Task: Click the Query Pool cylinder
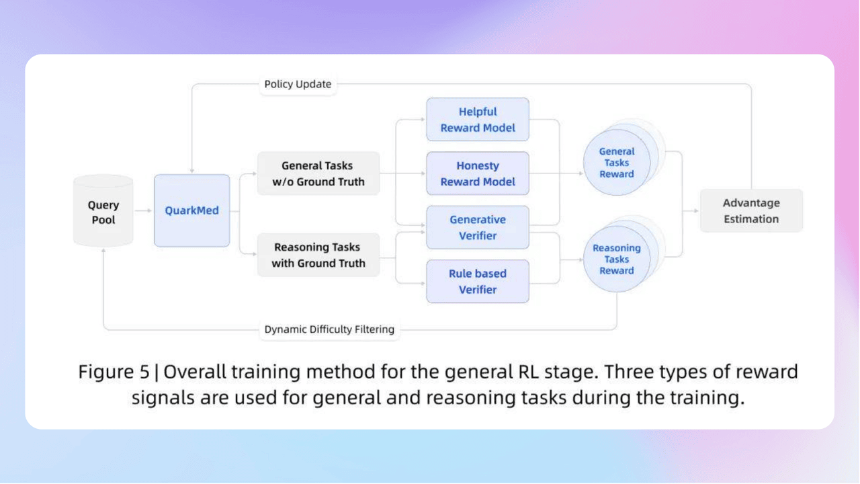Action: click(x=103, y=211)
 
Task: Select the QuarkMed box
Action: click(x=191, y=210)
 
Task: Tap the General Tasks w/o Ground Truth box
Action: click(x=318, y=173)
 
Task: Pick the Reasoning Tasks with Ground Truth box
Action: click(x=318, y=255)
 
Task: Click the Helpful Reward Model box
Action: click(x=477, y=120)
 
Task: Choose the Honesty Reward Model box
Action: click(x=477, y=173)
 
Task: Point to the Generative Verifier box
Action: click(x=477, y=227)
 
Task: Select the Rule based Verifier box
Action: click(x=477, y=281)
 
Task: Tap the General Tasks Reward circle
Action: click(x=616, y=163)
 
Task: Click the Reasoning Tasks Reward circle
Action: click(x=616, y=259)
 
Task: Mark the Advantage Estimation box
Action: click(x=750, y=211)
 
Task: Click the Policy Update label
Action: click(x=298, y=84)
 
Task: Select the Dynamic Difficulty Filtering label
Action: click(x=329, y=329)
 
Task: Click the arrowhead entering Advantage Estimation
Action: click(x=695, y=211)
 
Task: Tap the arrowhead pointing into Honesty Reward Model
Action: click(x=423, y=173)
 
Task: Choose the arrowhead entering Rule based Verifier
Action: click(x=423, y=282)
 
